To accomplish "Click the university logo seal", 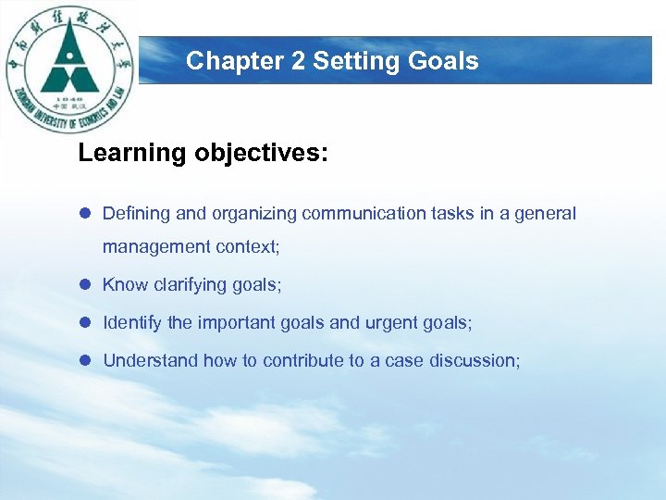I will point(70,70).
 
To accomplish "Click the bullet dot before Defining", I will point(85,214).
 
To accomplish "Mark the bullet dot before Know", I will point(85,285).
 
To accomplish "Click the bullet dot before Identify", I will point(85,323).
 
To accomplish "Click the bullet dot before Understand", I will point(85,361).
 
